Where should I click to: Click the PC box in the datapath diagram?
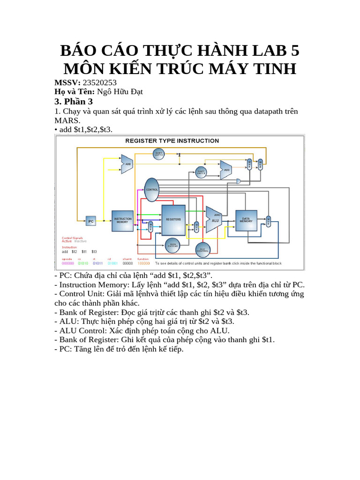click(x=91, y=221)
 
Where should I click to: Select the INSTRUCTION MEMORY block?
click(x=122, y=221)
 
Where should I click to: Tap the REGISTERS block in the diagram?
click(x=173, y=219)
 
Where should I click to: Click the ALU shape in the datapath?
click(x=214, y=219)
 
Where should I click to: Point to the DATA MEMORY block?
click(x=246, y=220)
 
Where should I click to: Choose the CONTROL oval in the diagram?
click(x=152, y=189)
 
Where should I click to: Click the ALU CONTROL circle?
click(x=202, y=250)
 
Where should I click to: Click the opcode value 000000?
click(x=68, y=263)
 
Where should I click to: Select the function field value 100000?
click(x=143, y=263)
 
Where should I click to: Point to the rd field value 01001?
click(x=110, y=263)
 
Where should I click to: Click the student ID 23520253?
click(x=99, y=82)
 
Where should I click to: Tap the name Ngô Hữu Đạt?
click(x=120, y=91)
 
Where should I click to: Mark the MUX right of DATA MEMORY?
click(x=269, y=221)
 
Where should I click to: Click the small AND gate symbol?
click(x=239, y=181)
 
